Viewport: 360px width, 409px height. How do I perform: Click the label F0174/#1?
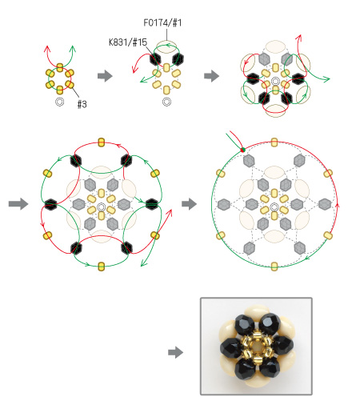(162, 22)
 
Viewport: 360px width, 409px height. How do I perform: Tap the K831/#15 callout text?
(128, 42)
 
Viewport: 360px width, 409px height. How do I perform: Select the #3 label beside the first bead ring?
(82, 104)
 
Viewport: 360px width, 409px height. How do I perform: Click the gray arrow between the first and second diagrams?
(105, 76)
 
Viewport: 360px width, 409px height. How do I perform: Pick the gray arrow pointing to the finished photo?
(176, 353)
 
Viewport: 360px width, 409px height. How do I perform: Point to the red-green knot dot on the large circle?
(242, 150)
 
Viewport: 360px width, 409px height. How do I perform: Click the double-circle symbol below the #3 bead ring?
(60, 102)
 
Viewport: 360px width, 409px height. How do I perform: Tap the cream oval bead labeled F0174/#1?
(166, 46)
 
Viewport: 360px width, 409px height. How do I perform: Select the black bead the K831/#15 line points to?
(155, 59)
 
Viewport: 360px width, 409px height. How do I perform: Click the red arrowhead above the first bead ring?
(47, 49)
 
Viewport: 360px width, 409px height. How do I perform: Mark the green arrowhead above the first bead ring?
(73, 49)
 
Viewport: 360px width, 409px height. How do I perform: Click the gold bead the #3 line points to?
(70, 85)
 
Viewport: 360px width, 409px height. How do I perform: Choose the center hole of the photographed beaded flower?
(257, 347)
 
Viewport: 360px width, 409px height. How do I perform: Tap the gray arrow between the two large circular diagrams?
(190, 204)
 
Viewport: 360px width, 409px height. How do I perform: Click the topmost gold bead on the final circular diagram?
(274, 142)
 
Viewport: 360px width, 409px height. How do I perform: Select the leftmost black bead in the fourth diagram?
(50, 205)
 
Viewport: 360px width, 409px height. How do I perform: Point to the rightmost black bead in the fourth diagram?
(152, 204)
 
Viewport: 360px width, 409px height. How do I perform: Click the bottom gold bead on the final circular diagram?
(274, 267)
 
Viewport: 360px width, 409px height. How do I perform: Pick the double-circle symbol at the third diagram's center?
(275, 81)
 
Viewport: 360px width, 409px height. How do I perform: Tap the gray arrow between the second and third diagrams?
(212, 76)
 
